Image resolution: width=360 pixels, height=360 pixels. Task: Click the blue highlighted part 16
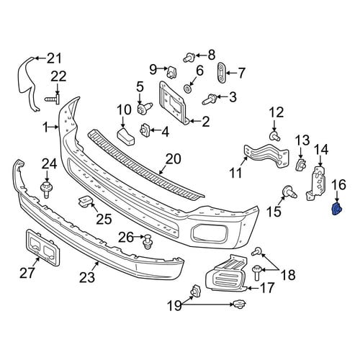337,209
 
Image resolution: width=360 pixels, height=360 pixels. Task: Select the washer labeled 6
188,89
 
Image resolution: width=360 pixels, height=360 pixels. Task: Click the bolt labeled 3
210,99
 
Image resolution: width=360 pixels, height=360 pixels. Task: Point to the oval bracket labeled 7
221,72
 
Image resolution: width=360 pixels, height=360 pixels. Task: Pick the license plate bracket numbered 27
42,247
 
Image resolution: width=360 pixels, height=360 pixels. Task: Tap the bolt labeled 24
47,189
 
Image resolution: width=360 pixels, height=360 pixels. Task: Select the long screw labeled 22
53,99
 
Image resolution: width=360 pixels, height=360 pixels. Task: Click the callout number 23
87,277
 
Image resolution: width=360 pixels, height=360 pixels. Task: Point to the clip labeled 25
84,202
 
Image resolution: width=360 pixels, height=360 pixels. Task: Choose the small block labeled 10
125,137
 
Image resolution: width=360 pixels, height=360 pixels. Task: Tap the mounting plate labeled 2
172,103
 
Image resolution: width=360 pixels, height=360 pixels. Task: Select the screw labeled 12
275,136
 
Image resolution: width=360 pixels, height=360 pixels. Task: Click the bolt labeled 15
289,192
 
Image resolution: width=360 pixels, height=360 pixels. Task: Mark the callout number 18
288,274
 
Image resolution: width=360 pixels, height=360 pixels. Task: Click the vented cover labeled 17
226,274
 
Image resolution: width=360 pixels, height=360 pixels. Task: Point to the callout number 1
45,127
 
